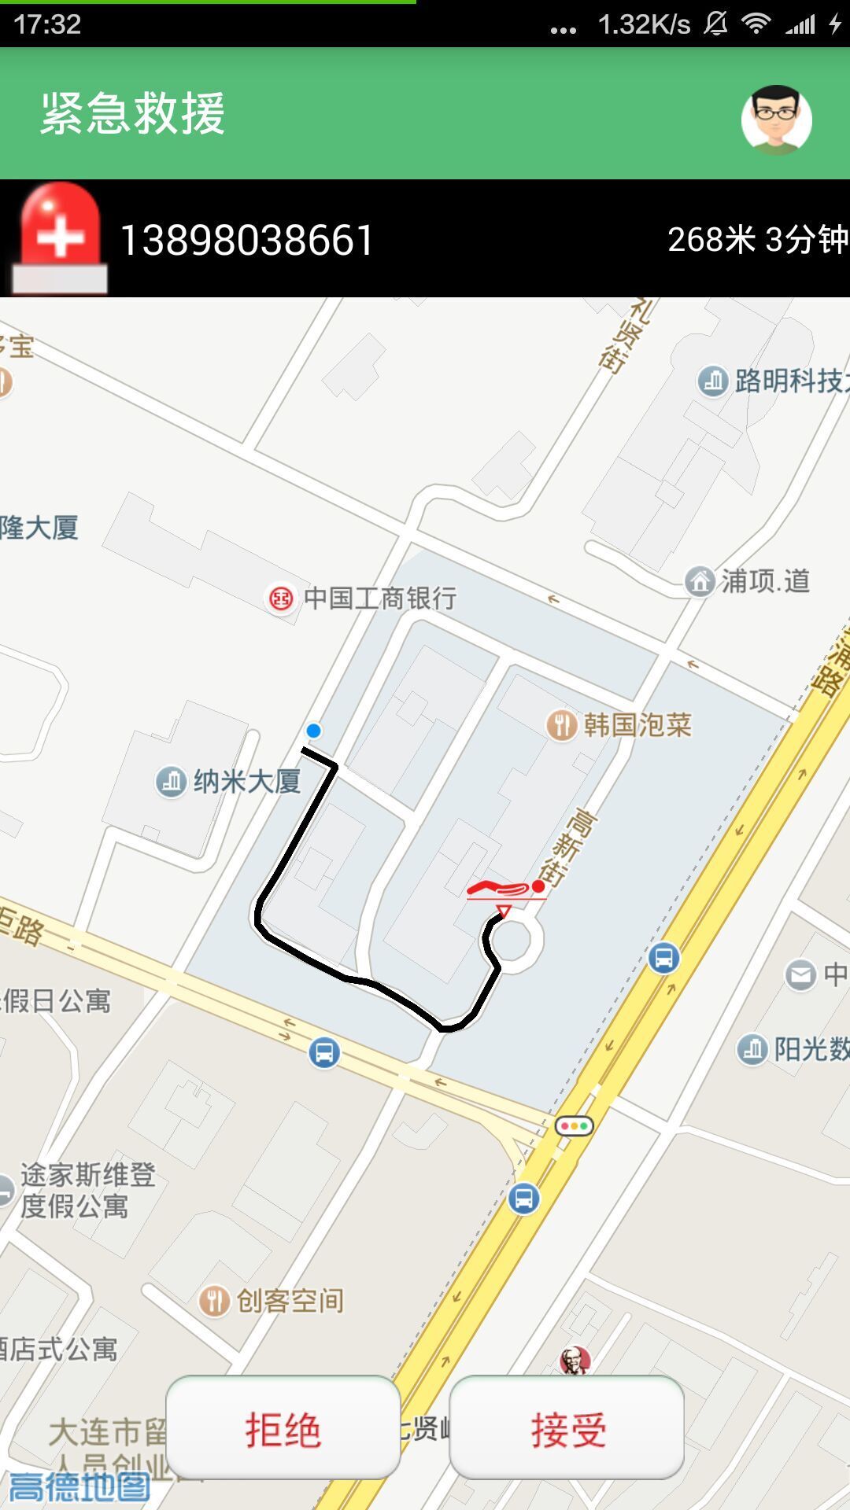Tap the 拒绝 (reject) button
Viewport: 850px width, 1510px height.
tap(283, 1428)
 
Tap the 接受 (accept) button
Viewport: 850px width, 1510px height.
tap(567, 1428)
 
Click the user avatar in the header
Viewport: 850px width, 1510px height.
tap(776, 120)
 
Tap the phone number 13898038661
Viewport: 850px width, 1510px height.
tap(246, 240)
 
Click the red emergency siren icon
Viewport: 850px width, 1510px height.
tap(60, 237)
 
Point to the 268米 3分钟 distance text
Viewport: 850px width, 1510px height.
tap(757, 240)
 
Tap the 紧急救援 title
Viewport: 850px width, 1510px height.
tap(133, 113)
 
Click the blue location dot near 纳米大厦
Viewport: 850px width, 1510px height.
tap(313, 731)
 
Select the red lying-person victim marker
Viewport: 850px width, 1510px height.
tap(504, 890)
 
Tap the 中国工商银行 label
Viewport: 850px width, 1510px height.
tap(379, 598)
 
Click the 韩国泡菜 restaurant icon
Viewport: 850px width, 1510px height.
tap(561, 724)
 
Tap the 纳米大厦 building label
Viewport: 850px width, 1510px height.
tap(247, 782)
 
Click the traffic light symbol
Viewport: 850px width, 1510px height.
tap(575, 1126)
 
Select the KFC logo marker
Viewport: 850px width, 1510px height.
tap(575, 1361)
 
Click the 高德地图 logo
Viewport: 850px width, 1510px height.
tap(79, 1486)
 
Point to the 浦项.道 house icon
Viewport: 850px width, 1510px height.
tap(700, 581)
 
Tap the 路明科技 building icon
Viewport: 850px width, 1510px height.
tap(713, 381)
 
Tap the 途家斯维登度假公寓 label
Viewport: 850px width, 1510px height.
tap(87, 1190)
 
